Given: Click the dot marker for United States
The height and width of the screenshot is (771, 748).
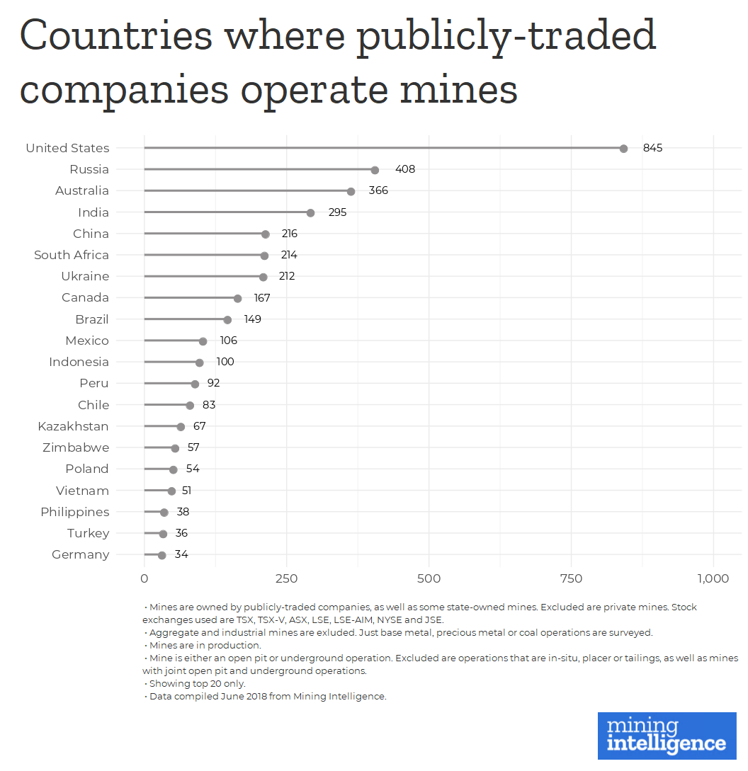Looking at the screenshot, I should tap(623, 149).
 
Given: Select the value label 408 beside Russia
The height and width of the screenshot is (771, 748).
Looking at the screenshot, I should tap(405, 170).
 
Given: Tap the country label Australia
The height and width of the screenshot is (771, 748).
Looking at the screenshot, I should tap(82, 191).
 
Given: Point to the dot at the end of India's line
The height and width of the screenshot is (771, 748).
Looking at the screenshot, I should tap(310, 212).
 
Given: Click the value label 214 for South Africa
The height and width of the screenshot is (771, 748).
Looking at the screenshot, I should tap(289, 255).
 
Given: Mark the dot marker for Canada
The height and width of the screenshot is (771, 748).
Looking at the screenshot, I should tap(237, 298).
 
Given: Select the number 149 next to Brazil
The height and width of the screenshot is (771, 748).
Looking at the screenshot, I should tap(252, 319).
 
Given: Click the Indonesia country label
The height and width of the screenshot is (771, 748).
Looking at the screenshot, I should tap(79, 362).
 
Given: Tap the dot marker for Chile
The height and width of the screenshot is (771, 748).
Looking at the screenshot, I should tap(190, 405).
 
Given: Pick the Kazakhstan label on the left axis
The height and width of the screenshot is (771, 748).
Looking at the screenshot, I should tap(73, 426).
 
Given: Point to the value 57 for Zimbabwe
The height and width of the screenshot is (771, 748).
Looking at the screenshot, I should tap(193, 447).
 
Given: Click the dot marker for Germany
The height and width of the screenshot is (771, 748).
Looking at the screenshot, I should tap(162, 555).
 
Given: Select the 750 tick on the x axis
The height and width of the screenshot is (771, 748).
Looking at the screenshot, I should tap(571, 579).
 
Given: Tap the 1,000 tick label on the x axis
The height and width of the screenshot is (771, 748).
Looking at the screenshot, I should tap(713, 579).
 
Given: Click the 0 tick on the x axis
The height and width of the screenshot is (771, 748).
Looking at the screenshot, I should tap(144, 579).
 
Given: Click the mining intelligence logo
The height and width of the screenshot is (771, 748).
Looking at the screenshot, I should tap(667, 735).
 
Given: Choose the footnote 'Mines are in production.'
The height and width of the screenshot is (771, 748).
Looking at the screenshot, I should tap(205, 646).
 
